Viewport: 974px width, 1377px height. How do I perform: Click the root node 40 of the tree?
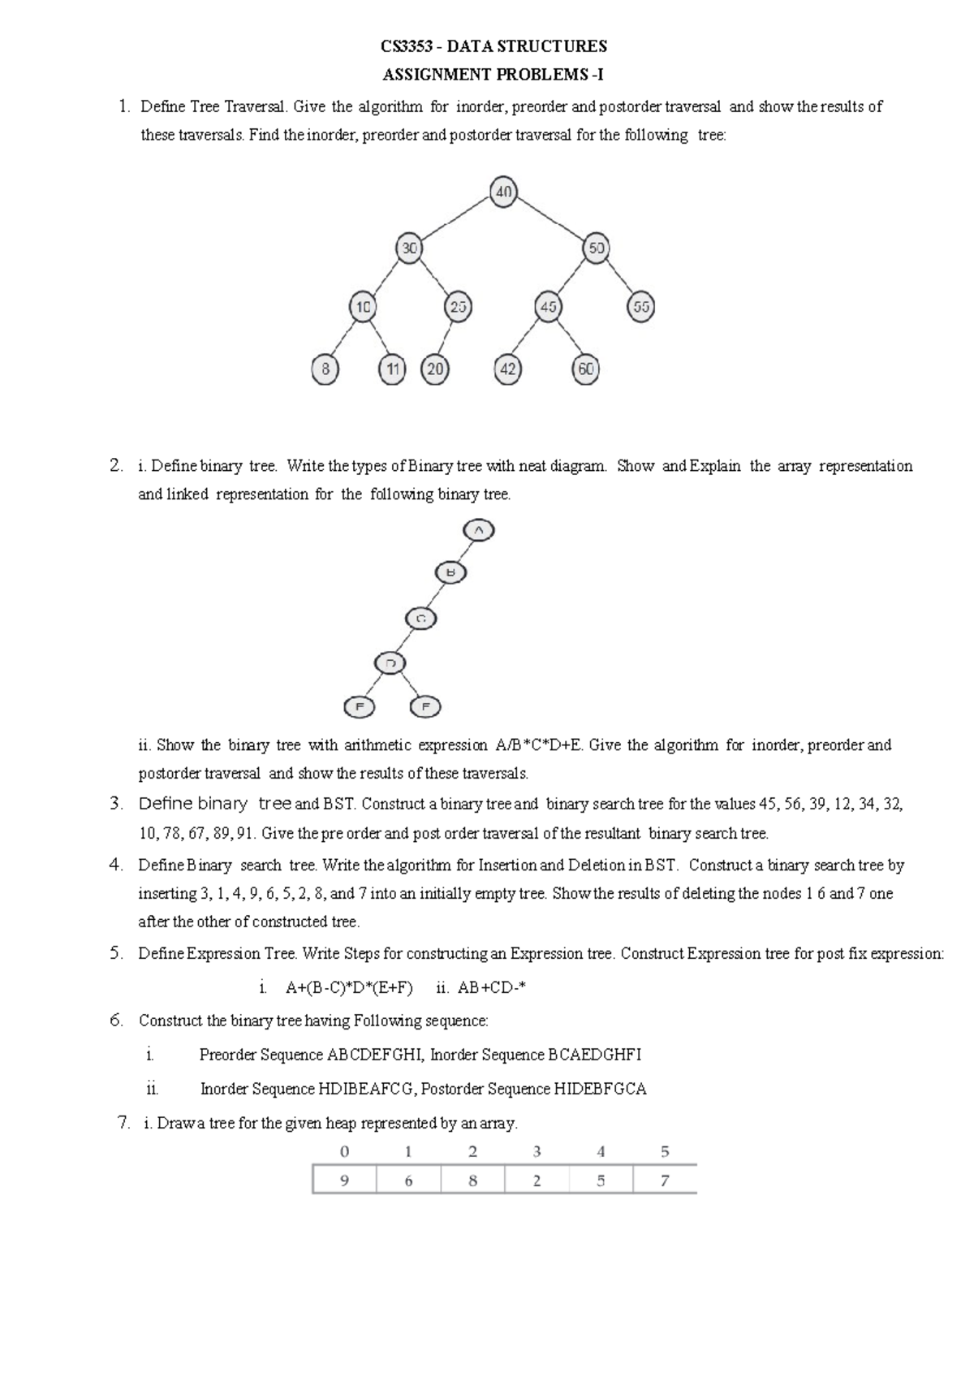point(503,192)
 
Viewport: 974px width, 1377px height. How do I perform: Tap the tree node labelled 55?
point(641,308)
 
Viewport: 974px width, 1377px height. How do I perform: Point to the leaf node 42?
point(507,369)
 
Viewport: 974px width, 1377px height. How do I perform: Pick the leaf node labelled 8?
point(325,369)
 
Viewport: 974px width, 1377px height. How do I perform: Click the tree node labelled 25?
point(459,308)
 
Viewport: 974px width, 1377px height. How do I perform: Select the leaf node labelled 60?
point(585,369)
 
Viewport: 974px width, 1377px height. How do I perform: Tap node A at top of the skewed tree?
point(478,530)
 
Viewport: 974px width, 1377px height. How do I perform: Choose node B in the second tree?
point(451,572)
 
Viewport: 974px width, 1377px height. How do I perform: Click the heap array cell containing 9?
point(344,1181)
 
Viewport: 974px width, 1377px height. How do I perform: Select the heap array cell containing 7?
point(665,1181)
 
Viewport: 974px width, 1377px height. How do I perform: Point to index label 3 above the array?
point(537,1151)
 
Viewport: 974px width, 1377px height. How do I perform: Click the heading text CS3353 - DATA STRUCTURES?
point(493,45)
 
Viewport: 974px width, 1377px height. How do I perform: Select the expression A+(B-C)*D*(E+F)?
point(349,988)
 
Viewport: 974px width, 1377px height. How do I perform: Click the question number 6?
point(116,1020)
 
